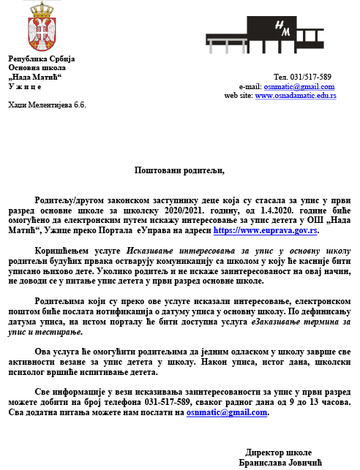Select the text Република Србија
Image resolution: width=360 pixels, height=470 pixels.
[41, 58]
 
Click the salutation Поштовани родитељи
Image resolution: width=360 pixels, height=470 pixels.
[179, 170]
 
